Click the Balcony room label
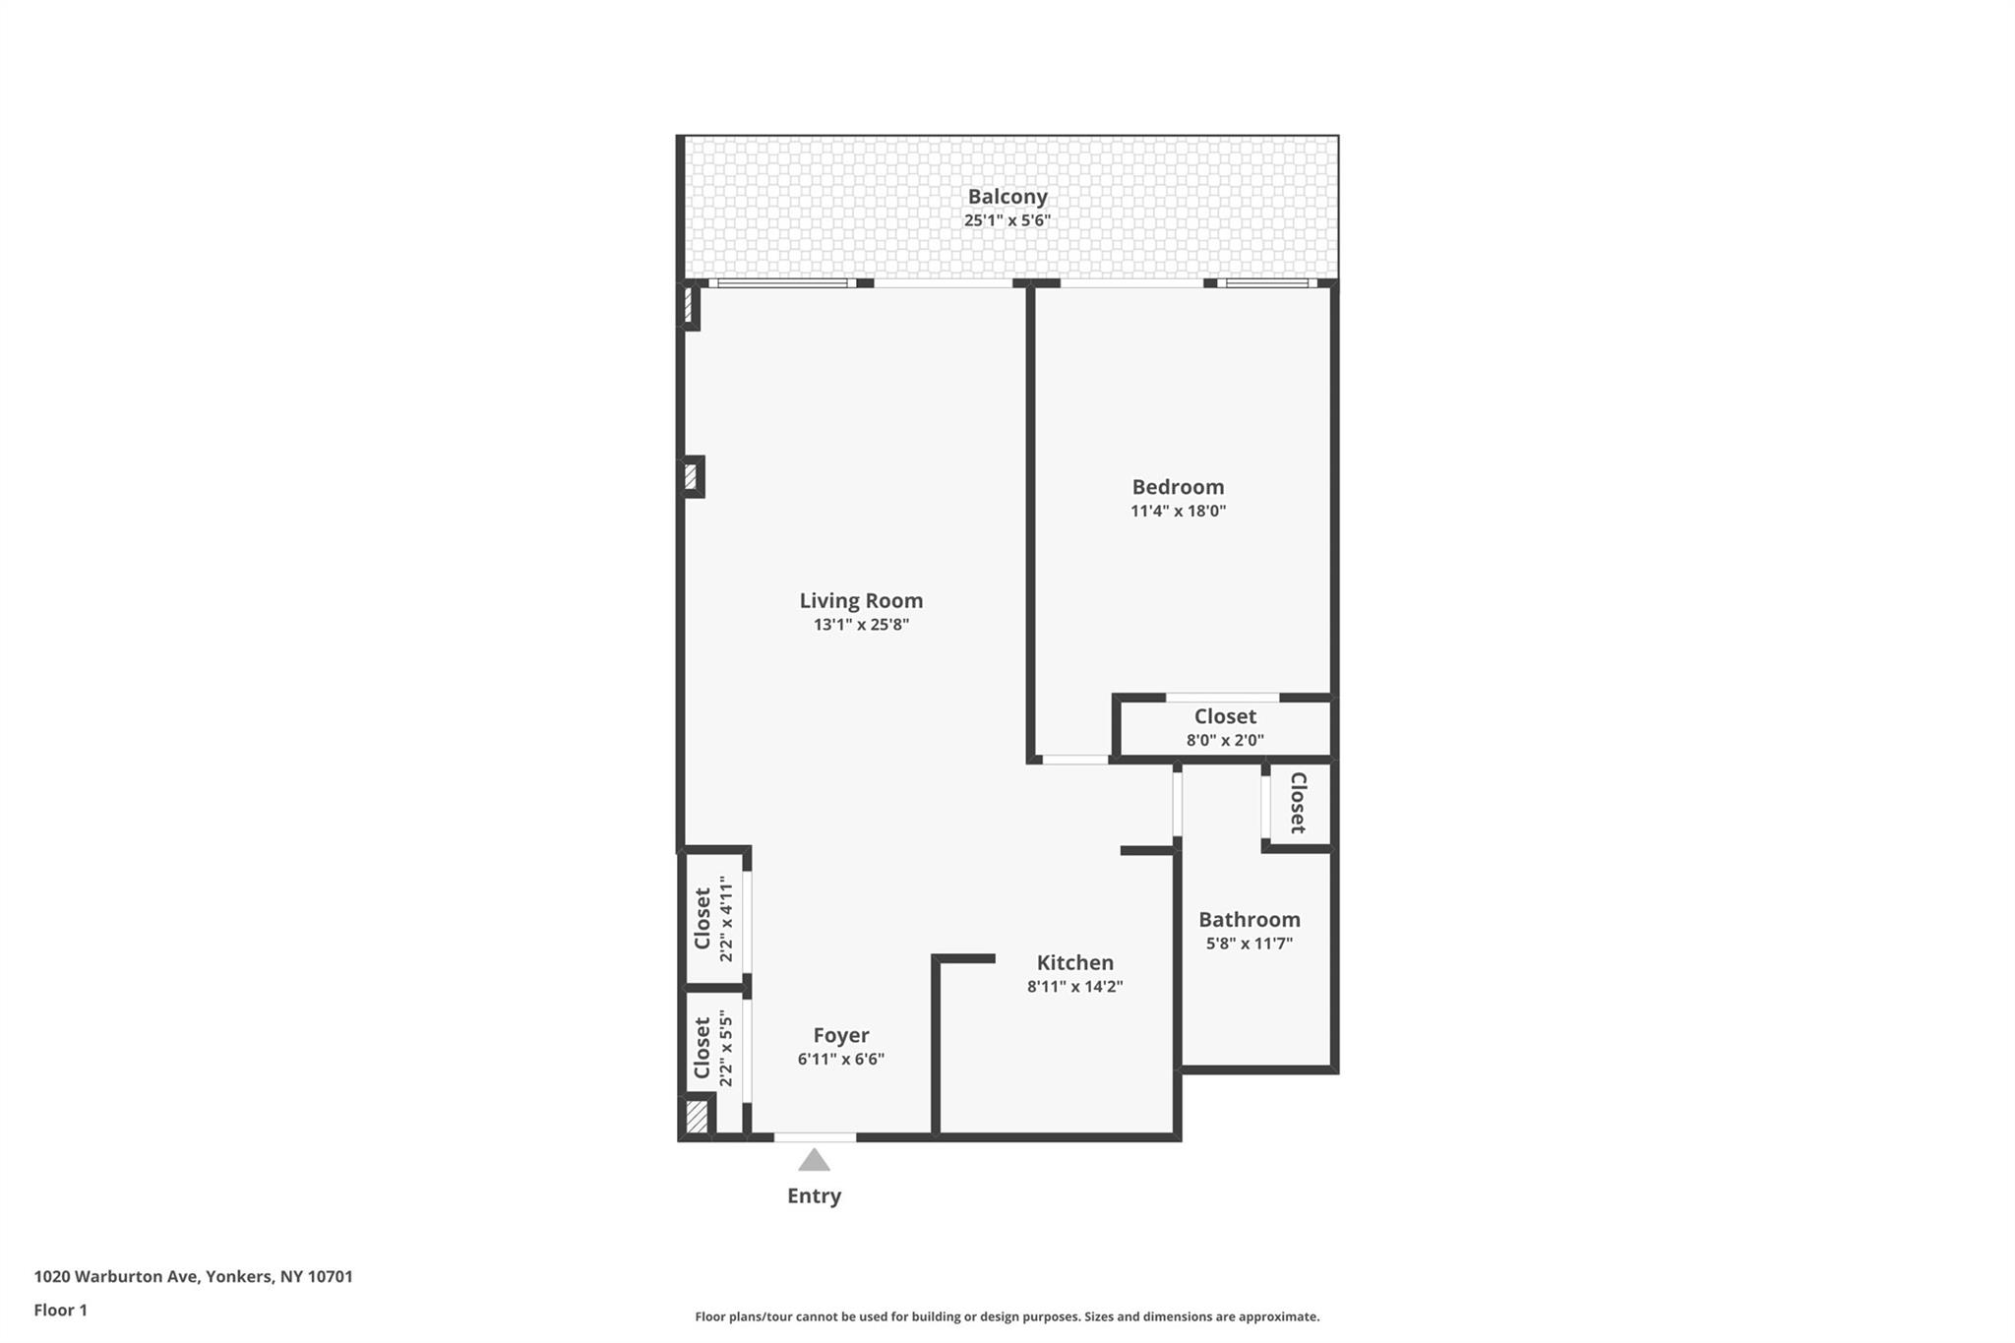pos(1007,197)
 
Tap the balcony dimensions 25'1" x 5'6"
pos(1007,220)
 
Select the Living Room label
pos(861,600)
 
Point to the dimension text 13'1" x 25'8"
pos(861,625)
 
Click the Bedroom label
pos(1178,487)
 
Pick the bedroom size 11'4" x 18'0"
pos(1178,511)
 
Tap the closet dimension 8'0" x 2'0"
pos(1225,741)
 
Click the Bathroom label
pos(1249,920)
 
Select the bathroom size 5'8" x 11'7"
pos(1249,944)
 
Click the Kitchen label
pos(1074,963)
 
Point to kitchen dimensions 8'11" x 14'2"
pos(1074,987)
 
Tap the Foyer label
pos(840,1035)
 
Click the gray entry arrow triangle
pos(814,1161)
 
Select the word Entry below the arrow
pos(814,1196)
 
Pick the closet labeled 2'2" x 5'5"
pos(714,1049)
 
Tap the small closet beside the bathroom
pos(1298,803)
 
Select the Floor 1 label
pos(60,1311)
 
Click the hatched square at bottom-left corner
pos(697,1117)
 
